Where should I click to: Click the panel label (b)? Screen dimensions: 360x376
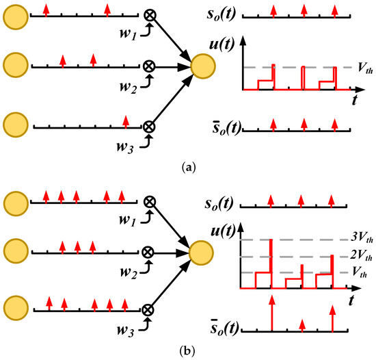(x=187, y=348)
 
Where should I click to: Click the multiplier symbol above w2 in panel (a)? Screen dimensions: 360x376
(x=148, y=66)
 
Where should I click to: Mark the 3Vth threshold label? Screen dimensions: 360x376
(x=360, y=239)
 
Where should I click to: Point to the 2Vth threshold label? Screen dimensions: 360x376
(x=360, y=257)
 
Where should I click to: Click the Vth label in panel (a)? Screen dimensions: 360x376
(x=364, y=67)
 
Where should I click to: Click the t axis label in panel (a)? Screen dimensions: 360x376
(x=355, y=100)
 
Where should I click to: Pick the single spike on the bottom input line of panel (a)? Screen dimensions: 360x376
(x=125, y=122)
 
